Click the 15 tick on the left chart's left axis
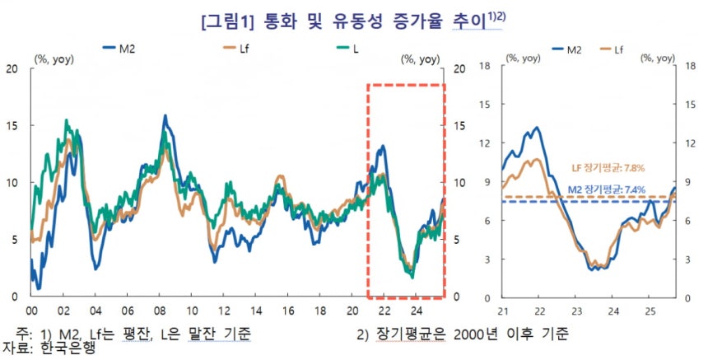12,125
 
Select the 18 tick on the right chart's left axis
485,65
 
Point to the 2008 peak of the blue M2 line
165,116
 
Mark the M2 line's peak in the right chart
537,128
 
